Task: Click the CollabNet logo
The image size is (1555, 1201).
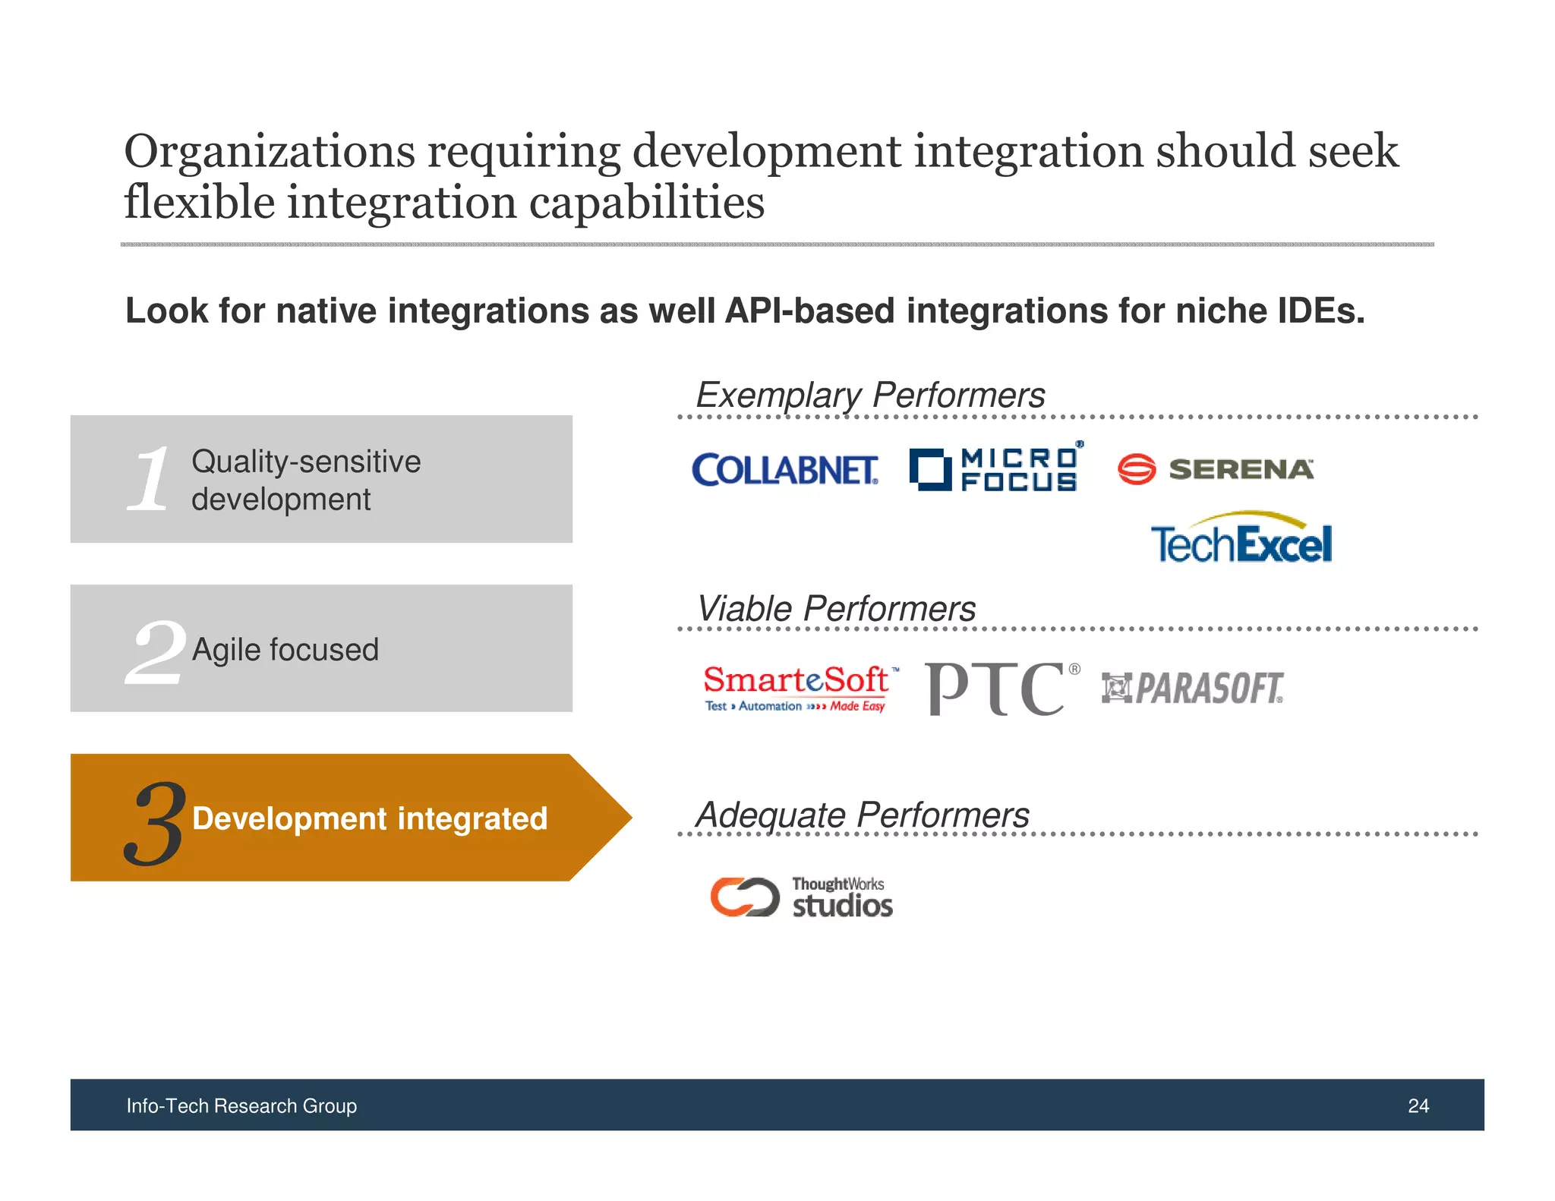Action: pos(784,470)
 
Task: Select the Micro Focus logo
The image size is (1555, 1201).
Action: pos(995,468)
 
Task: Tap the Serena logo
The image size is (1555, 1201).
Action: pos(1215,469)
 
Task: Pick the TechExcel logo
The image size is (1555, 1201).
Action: pos(1241,539)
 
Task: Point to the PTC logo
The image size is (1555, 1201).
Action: pos(1001,689)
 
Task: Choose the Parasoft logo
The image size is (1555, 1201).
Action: pos(1192,689)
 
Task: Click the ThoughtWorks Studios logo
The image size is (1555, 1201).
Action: pos(801,897)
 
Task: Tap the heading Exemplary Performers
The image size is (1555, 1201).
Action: pos(870,396)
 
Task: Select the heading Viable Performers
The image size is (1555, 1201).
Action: pos(836,609)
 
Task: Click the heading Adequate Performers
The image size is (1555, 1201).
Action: pos(863,815)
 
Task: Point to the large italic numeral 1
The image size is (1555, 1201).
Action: pos(150,479)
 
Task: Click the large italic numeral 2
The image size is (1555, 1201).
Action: pos(155,651)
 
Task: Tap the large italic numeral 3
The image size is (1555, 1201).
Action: pos(154,824)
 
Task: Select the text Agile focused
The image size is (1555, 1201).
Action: pos(285,650)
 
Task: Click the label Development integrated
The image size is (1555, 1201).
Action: pos(369,818)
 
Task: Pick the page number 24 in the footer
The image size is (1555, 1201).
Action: pos(1418,1105)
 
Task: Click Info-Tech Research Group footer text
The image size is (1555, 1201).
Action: pos(241,1105)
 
